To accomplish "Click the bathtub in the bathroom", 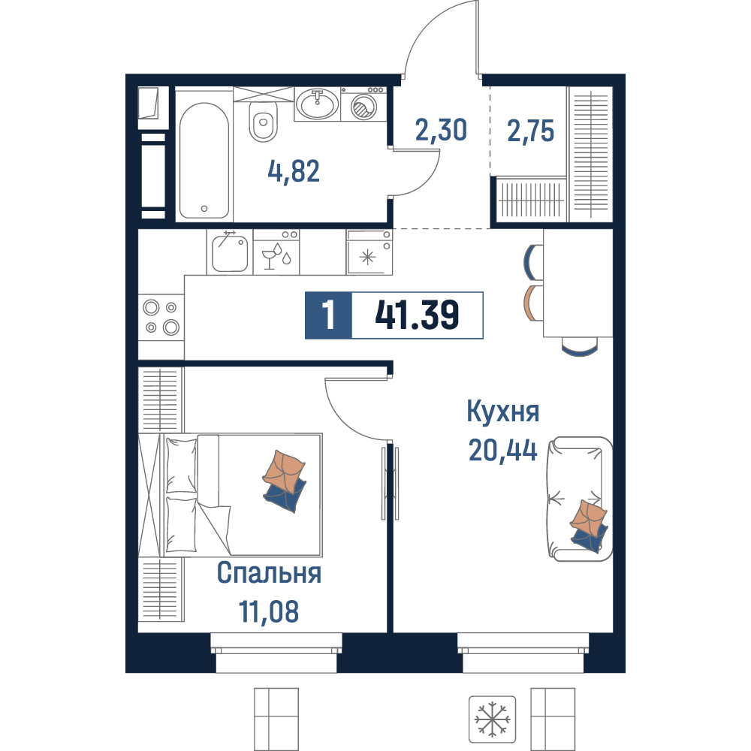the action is click(204, 160).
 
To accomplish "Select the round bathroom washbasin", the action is click(317, 104).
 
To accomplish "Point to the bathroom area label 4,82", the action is click(294, 171).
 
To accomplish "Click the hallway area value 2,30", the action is click(441, 130).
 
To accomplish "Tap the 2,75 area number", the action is click(531, 131).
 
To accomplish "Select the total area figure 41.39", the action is click(417, 315).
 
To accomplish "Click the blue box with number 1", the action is click(329, 315).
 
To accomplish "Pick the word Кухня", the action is click(503, 412).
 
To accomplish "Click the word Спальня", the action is click(269, 573).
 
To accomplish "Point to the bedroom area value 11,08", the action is click(269, 611).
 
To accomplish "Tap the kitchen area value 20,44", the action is click(503, 450).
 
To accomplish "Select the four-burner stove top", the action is click(161, 317).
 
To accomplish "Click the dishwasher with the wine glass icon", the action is click(276, 252).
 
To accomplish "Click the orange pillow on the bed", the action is click(284, 472).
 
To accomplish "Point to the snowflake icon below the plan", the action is click(493, 719).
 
